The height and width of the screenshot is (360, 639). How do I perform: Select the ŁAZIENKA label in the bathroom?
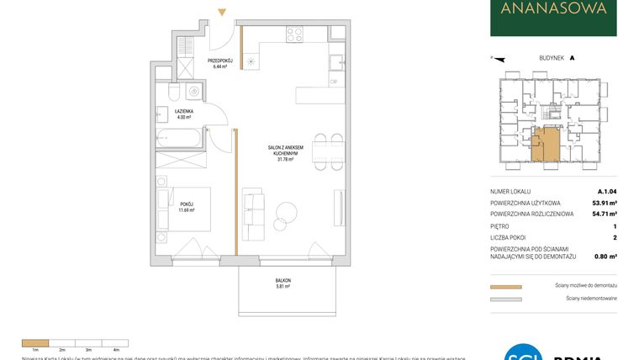click(185, 112)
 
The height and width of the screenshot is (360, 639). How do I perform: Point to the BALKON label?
click(283, 281)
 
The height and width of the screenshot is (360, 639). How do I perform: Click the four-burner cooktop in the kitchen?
click(293, 34)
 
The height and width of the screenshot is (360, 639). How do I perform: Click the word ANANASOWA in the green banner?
click(553, 11)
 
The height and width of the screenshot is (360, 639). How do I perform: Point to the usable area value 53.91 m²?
click(602, 203)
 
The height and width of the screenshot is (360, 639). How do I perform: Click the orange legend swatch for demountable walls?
click(506, 287)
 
